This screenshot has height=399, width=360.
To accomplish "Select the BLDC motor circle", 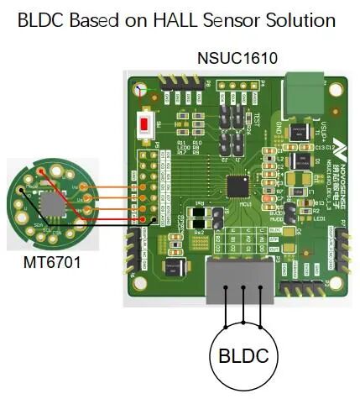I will click(x=244, y=356).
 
